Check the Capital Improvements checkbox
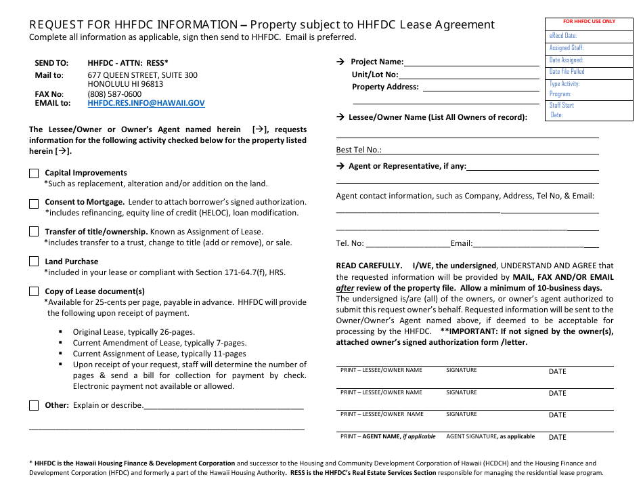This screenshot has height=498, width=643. (34, 173)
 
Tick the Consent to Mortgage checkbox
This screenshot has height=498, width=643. (34, 203)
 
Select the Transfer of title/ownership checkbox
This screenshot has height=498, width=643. (34, 232)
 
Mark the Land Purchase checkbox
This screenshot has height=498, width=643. (34, 262)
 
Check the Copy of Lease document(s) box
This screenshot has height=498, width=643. (34, 291)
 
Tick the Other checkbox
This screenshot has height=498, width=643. (34, 405)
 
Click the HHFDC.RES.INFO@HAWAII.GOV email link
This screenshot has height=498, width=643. (146, 104)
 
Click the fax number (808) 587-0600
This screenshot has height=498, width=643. (114, 94)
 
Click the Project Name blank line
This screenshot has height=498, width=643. (501, 62)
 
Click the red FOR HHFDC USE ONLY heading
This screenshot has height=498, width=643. (590, 22)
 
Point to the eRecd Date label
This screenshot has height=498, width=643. (563, 35)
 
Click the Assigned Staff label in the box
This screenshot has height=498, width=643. (566, 48)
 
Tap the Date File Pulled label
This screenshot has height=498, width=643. (567, 71)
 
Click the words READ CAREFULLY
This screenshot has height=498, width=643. (369, 266)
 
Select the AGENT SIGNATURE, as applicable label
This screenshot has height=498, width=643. (490, 436)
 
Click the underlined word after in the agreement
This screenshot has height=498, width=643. (345, 287)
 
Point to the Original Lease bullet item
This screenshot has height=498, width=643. (133, 332)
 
